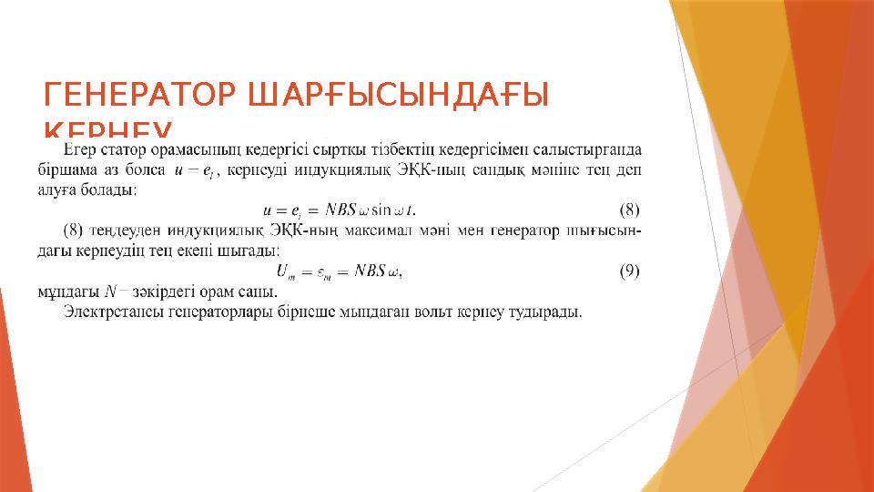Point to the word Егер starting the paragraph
click(83, 148)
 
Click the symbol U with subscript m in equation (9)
click(283, 271)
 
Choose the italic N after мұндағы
click(110, 292)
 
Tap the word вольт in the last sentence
click(421, 313)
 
